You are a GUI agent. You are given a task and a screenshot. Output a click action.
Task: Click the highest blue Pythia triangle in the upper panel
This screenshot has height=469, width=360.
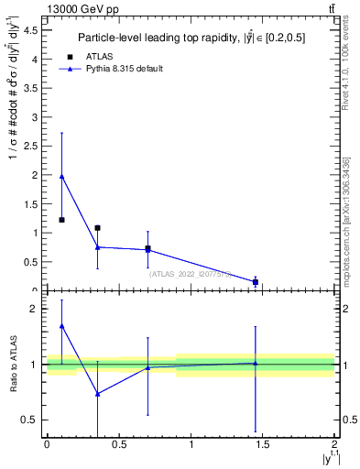coord(61,176)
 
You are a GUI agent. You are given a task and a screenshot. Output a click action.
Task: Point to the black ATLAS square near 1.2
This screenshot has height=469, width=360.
coord(61,220)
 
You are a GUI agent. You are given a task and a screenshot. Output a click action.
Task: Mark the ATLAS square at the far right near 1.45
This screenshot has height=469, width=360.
coord(256,282)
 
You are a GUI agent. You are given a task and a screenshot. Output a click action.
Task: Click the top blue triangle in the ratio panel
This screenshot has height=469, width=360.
coord(61,325)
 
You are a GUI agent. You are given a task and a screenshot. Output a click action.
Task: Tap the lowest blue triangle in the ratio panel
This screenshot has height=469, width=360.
coord(97,394)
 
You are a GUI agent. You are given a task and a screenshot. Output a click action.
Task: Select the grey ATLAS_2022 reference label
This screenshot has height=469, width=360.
coord(190,273)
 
